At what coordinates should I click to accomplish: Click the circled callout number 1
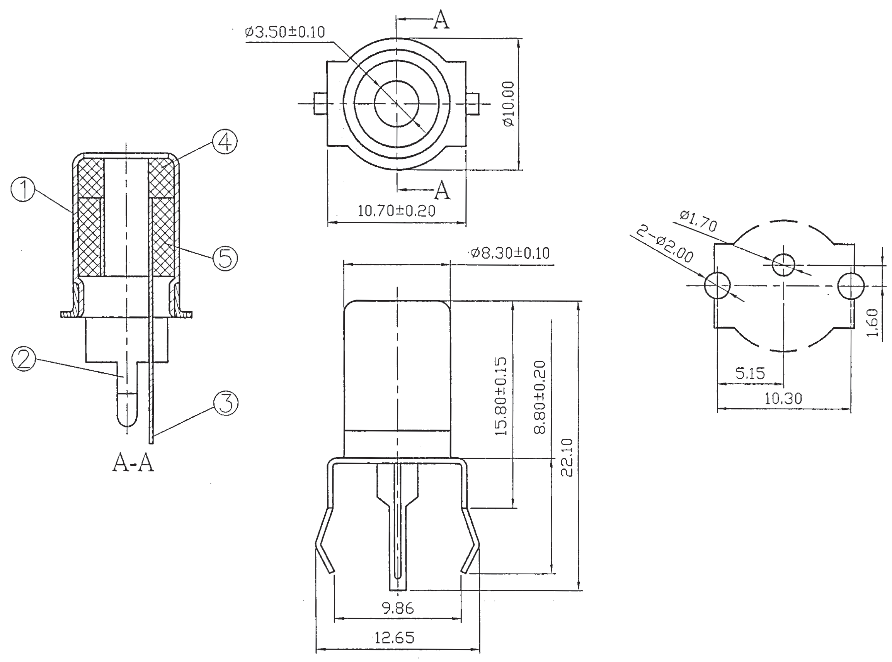[x=23, y=190]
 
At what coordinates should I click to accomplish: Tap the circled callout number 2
[x=24, y=359]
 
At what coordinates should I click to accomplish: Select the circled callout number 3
[x=226, y=403]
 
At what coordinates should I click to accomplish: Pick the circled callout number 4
[x=225, y=142]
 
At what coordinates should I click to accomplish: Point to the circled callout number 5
[x=225, y=258]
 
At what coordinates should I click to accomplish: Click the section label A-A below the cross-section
[x=133, y=463]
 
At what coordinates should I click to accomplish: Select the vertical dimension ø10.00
[x=509, y=104]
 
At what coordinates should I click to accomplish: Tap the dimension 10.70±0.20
[x=396, y=211]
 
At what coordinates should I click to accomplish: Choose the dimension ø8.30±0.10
[x=510, y=253]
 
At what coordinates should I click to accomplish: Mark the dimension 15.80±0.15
[x=501, y=397]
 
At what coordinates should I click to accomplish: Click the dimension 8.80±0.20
[x=540, y=397]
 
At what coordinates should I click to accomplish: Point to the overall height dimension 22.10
[x=567, y=457]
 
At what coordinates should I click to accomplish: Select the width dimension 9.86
[x=397, y=608]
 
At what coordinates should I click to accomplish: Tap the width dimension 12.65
[x=394, y=638]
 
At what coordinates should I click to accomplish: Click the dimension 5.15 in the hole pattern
[x=750, y=373]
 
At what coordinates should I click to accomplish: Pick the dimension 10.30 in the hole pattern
[x=783, y=398]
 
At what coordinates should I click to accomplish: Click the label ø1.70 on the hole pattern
[x=698, y=221]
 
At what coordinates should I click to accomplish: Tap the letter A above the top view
[x=441, y=20]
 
